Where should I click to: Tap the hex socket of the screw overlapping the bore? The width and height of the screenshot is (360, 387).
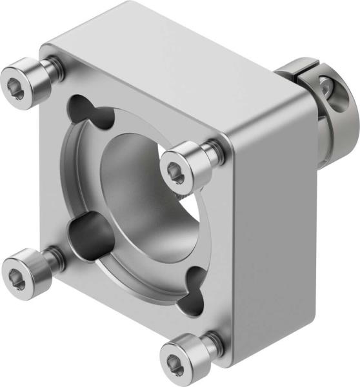pyautogui.click(x=175, y=170)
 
